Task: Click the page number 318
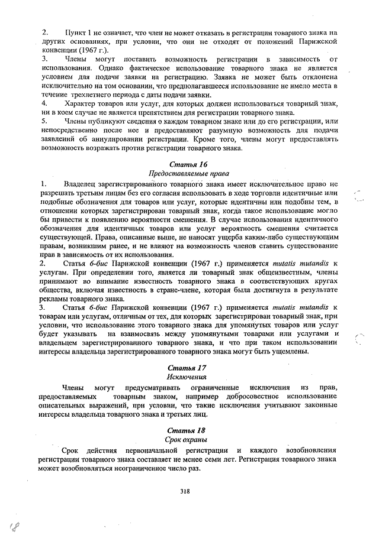(x=187, y=491)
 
